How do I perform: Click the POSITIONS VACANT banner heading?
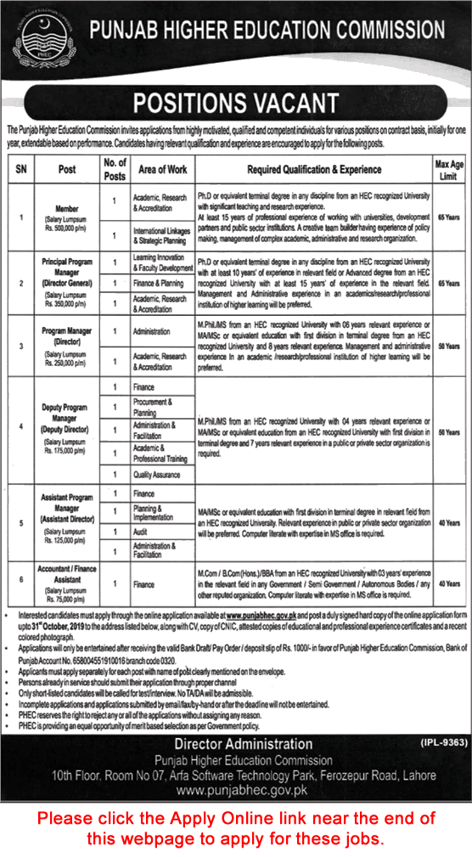click(236, 103)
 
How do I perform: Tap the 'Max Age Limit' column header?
click(448, 170)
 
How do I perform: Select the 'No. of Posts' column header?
click(115, 170)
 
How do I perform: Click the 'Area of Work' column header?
click(162, 170)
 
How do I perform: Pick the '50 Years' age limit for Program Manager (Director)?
click(448, 347)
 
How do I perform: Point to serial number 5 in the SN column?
click(20, 522)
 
